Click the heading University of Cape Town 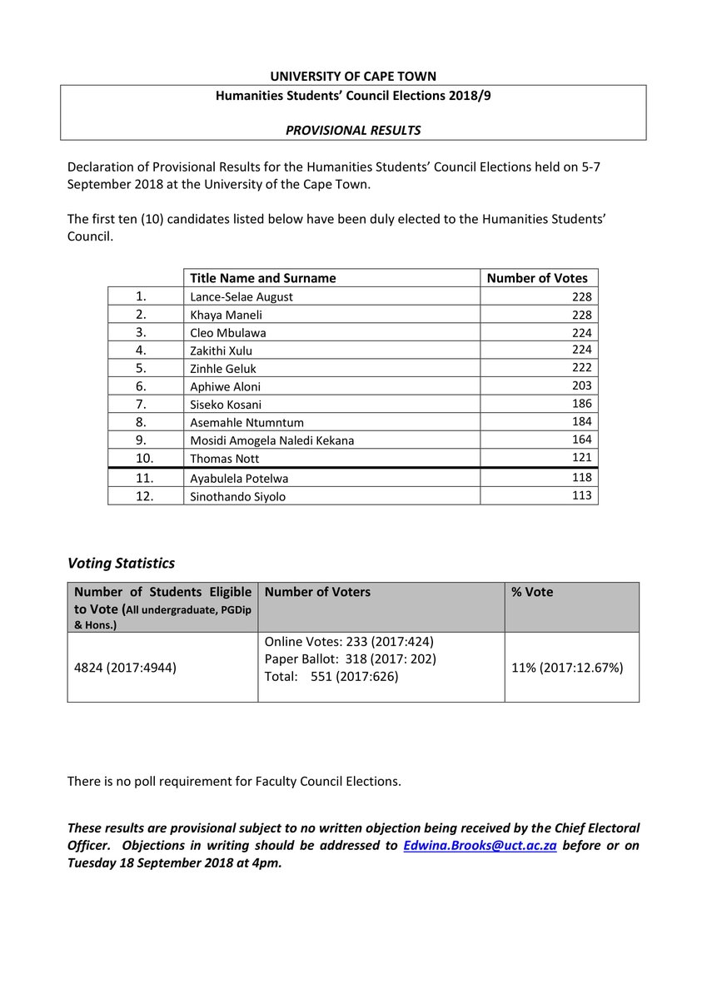click(x=353, y=77)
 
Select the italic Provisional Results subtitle click(x=353, y=130)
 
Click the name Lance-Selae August click(x=241, y=296)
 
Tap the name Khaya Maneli click(x=228, y=315)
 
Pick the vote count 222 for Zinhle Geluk click(x=581, y=368)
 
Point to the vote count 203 click(x=581, y=386)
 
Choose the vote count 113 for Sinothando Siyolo click(x=581, y=495)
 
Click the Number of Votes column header click(x=537, y=278)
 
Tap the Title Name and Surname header click(x=263, y=278)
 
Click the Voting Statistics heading click(x=121, y=564)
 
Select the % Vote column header click(x=532, y=592)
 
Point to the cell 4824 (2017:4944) click(x=125, y=667)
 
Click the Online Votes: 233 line click(x=349, y=642)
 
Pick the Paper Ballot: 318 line click(x=350, y=659)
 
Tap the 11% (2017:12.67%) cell click(x=567, y=667)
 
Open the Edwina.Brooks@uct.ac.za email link click(x=480, y=845)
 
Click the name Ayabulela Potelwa click(x=240, y=479)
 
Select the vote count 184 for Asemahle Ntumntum click(x=581, y=422)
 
